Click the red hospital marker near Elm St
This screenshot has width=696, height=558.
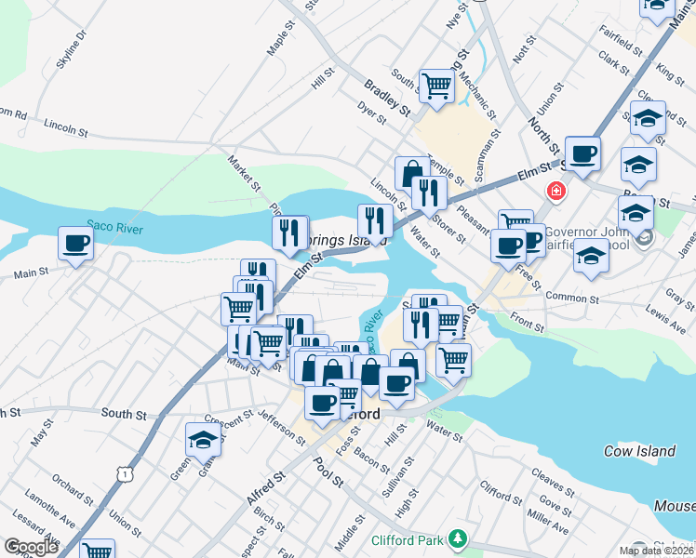(x=556, y=192)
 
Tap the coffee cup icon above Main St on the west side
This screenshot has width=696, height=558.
(x=75, y=245)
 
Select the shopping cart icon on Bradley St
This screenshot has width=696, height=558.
(x=435, y=86)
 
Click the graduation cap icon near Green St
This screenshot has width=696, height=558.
(x=203, y=440)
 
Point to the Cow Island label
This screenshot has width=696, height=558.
(x=638, y=451)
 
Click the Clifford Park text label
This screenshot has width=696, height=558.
(x=407, y=538)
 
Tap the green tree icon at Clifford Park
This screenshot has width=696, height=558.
(x=456, y=538)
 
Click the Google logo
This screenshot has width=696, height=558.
(x=32, y=547)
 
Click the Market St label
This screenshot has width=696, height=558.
(x=244, y=172)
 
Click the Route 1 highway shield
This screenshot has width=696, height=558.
(x=124, y=474)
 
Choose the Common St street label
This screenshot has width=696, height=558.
(x=571, y=298)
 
